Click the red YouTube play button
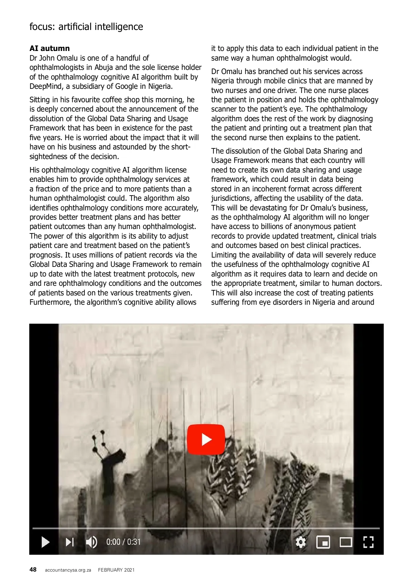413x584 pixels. pos(206,439)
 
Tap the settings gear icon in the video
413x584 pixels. pos(300,542)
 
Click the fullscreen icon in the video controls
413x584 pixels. pos(368,542)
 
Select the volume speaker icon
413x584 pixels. pos(91,542)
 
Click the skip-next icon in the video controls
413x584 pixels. pos(70,542)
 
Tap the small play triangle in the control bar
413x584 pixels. pos(45,542)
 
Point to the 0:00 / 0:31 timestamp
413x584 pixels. pos(123,542)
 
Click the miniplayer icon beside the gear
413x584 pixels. pos(323,542)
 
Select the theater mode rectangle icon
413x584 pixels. pos(346,542)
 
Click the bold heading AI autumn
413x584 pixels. pos(50,49)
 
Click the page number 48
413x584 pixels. pos(33,570)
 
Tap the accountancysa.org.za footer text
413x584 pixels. pos(68,570)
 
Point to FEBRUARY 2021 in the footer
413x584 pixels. pos(116,570)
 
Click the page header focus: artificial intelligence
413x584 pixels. pos(86,27)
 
